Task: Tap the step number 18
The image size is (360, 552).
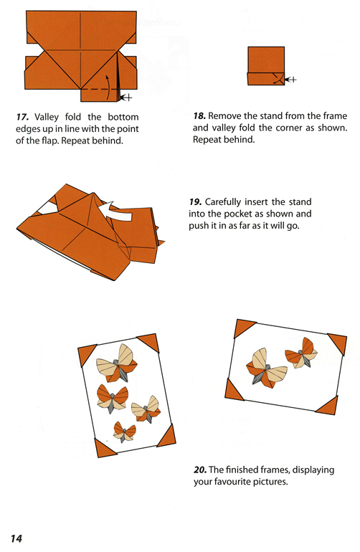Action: pyautogui.click(x=202, y=115)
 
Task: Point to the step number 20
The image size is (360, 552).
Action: pyautogui.click(x=201, y=470)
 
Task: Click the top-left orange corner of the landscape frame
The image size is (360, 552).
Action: pyautogui.click(x=245, y=327)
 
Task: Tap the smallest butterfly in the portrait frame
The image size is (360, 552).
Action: pyautogui.click(x=125, y=432)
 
